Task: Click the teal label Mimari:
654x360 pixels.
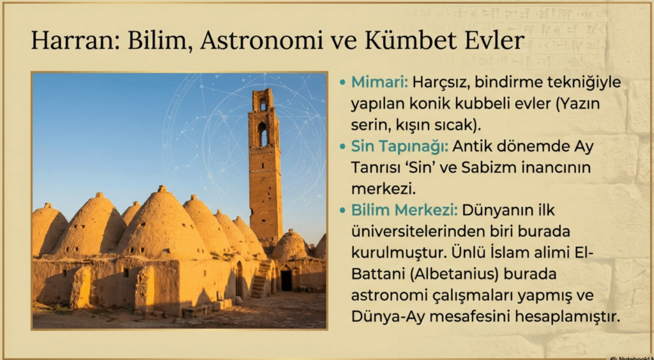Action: click(379, 82)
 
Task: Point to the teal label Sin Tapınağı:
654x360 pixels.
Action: click(400, 147)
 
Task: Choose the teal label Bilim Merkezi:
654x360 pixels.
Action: click(404, 211)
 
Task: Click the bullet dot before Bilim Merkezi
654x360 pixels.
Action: click(342, 211)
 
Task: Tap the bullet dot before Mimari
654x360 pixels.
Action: click(342, 83)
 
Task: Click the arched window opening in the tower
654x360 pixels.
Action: click(262, 134)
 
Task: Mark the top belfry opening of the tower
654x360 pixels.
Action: click(262, 105)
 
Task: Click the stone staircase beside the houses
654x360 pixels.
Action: click(261, 280)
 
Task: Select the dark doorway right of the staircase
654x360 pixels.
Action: click(286, 280)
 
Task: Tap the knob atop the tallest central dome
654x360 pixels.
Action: click(162, 189)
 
